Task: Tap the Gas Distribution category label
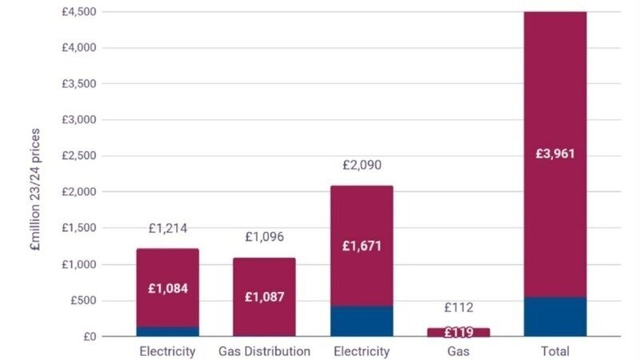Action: pyautogui.click(x=264, y=352)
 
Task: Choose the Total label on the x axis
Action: pyautogui.click(x=555, y=352)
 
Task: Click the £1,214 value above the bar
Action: pyautogui.click(x=168, y=229)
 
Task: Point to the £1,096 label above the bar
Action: pyautogui.click(x=264, y=238)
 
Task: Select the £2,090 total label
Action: pyautogui.click(x=362, y=166)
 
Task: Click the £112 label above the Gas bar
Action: pyautogui.click(x=458, y=307)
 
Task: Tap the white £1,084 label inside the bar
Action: pyautogui.click(x=168, y=288)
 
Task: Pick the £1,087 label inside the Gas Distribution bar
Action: pyautogui.click(x=264, y=297)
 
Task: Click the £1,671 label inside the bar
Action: pyautogui.click(x=362, y=246)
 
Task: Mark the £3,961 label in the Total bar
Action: pyautogui.click(x=555, y=154)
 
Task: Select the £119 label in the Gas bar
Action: pyautogui.click(x=458, y=332)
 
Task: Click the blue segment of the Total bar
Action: pyautogui.click(x=555, y=317)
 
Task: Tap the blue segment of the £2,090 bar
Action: pyautogui.click(x=362, y=322)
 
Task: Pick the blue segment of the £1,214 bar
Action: pyautogui.click(x=168, y=331)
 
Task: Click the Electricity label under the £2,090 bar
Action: pyautogui.click(x=362, y=352)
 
